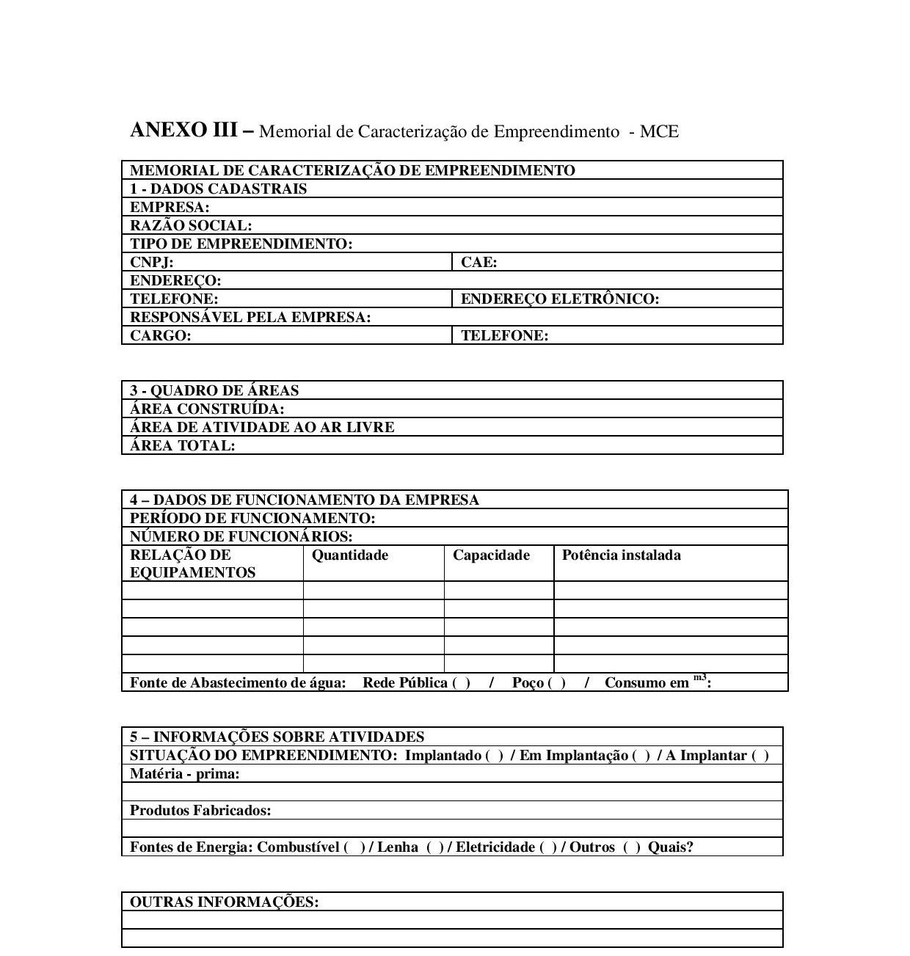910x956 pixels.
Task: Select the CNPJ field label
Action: (x=152, y=262)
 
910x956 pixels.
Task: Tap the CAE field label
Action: (x=478, y=262)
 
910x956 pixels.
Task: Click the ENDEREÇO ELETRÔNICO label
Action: (x=560, y=299)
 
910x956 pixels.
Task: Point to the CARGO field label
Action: (x=160, y=335)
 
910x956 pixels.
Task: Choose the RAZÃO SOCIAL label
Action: (x=191, y=225)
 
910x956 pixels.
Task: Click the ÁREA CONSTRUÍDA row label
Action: (x=207, y=409)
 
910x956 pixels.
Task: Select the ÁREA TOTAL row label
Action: (x=183, y=445)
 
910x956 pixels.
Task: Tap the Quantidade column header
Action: (x=350, y=555)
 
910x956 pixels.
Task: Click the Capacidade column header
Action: (x=491, y=555)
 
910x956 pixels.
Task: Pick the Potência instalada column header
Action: (x=621, y=555)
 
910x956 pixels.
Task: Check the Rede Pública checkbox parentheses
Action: (x=462, y=683)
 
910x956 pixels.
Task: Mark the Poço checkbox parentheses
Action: (x=556, y=683)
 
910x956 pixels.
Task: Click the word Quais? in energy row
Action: (x=670, y=847)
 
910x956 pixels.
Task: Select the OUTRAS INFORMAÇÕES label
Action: (x=224, y=902)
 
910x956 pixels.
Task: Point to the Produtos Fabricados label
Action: (x=200, y=811)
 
